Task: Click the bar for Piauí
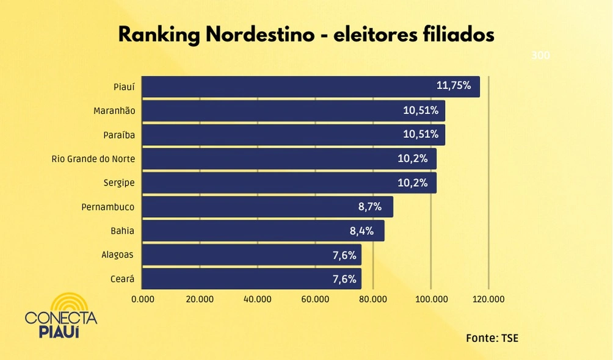pyautogui.click(x=311, y=87)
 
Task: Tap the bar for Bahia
pyautogui.click(x=263, y=231)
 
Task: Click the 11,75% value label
pyautogui.click(x=454, y=86)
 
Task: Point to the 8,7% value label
pyautogui.click(x=370, y=207)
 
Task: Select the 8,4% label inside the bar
pyautogui.click(x=361, y=231)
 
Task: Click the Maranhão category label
pyautogui.click(x=114, y=111)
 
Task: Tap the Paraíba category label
pyautogui.click(x=119, y=135)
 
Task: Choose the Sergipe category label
pyautogui.click(x=119, y=183)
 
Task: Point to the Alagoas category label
pyautogui.click(x=117, y=255)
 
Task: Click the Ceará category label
pyautogui.click(x=122, y=279)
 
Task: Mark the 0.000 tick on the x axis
pyautogui.click(x=143, y=299)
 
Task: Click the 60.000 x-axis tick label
pyautogui.click(x=316, y=299)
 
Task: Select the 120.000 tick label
pyautogui.click(x=488, y=299)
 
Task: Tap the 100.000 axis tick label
pyautogui.click(x=431, y=299)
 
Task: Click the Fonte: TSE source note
pyautogui.click(x=491, y=337)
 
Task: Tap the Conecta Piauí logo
pyautogui.click(x=61, y=316)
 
